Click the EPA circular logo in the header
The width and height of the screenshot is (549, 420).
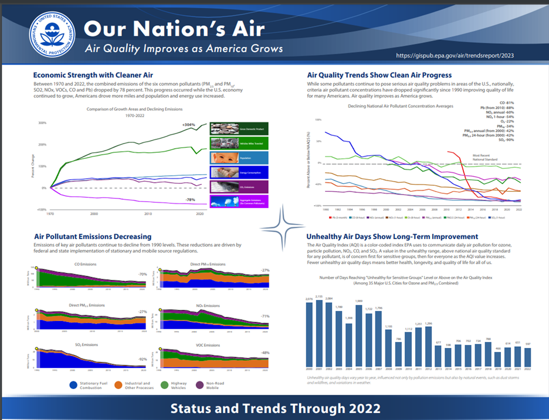coord(50,35)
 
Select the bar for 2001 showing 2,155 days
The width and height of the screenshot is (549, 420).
coord(319,334)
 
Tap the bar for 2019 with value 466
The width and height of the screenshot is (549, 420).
coord(497,357)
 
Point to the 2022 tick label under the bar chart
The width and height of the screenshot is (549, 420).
coord(527,369)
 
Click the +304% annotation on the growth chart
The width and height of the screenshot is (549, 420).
coord(189,125)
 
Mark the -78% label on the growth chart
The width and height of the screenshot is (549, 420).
coord(191,200)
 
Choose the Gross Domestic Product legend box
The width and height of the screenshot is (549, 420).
coord(239,128)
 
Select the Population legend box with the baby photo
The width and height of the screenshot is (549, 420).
coord(239,158)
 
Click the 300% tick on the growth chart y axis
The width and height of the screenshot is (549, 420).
coord(42,123)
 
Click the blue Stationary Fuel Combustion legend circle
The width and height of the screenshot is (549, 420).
coord(73,385)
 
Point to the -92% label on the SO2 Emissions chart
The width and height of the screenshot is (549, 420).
coord(142,358)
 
